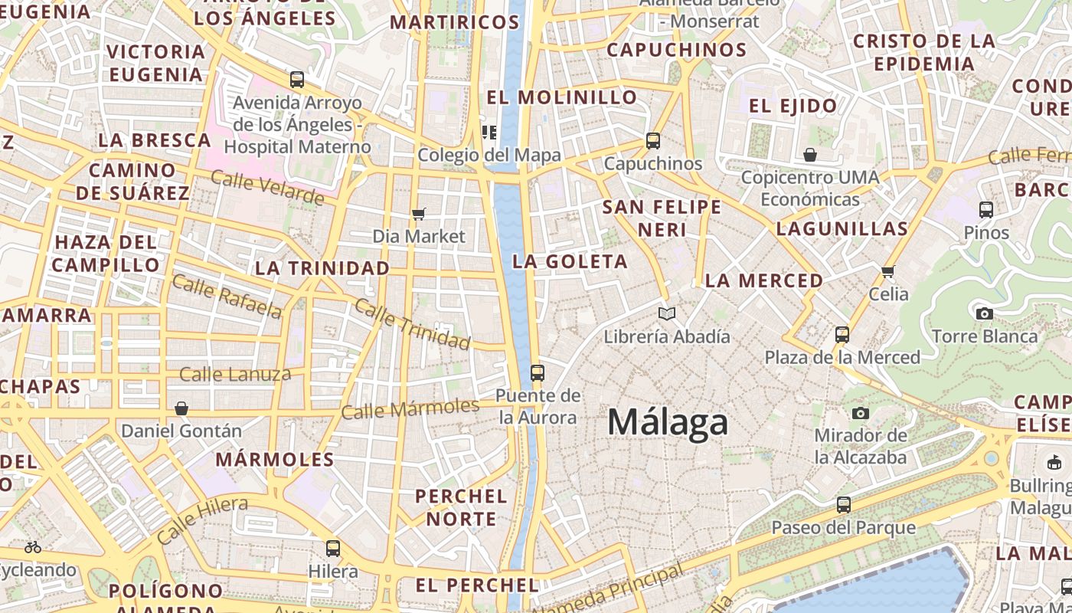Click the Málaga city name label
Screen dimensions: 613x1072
tap(668, 422)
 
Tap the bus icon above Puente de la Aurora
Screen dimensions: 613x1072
tap(538, 373)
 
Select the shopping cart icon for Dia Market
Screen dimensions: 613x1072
tap(418, 214)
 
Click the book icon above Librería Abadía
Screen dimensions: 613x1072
tap(667, 313)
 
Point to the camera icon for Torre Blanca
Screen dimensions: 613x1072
tap(985, 313)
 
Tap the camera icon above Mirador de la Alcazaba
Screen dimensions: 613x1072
tap(861, 414)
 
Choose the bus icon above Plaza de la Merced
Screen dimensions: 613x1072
tap(842, 335)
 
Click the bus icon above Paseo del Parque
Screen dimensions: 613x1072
tap(843, 505)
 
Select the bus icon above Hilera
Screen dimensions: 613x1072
tap(333, 549)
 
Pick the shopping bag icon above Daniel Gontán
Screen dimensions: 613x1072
tap(181, 408)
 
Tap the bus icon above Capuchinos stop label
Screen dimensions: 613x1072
tap(652, 141)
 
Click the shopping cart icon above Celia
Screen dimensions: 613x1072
tap(888, 271)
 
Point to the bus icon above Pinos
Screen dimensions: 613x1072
tap(986, 209)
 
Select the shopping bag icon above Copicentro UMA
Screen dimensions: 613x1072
tap(810, 155)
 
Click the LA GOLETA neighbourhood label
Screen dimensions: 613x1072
tap(570, 261)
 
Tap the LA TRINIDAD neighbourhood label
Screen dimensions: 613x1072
tap(322, 268)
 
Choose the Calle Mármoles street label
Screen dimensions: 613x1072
tap(410, 408)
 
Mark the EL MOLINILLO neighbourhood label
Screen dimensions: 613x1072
tap(561, 97)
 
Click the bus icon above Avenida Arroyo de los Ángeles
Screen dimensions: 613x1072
tap(297, 79)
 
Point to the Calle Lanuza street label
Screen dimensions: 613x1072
tap(235, 375)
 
